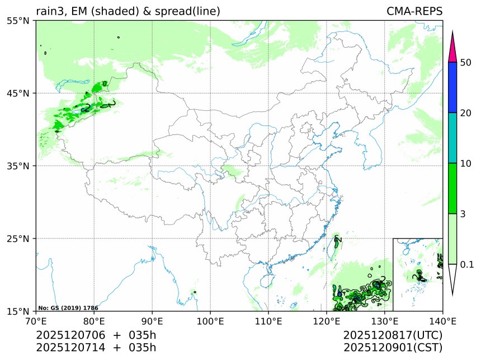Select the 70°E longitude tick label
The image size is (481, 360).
click(36, 321)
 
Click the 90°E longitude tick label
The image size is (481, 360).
click(152, 321)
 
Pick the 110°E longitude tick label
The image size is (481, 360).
click(268, 321)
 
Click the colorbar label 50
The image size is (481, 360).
click(465, 62)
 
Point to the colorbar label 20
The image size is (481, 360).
click(465, 113)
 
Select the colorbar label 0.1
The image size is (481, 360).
click(466, 264)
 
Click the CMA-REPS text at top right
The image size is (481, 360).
click(414, 11)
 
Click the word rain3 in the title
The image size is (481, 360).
click(49, 11)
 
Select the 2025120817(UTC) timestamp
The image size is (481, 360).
click(393, 335)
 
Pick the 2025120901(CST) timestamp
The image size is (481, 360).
click(393, 348)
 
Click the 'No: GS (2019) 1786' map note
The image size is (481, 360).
click(68, 308)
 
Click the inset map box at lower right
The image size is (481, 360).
click(417, 274)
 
